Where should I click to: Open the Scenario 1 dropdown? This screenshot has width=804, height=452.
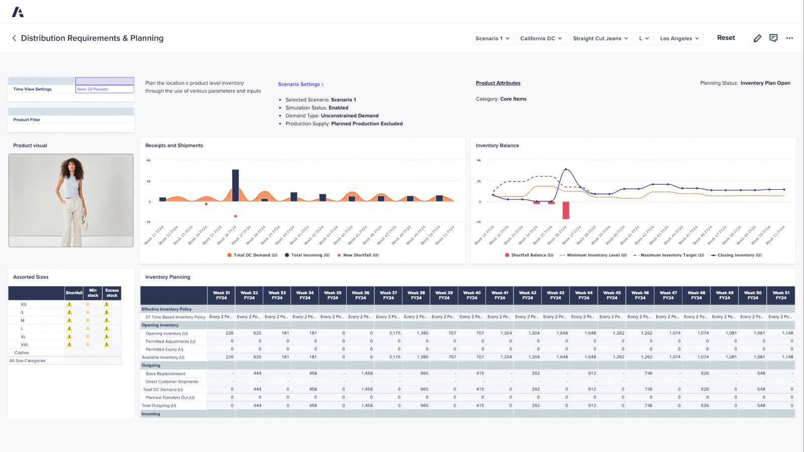click(x=492, y=39)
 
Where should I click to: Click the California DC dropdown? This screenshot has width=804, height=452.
click(x=541, y=39)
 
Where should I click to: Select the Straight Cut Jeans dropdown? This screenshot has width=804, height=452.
click(x=600, y=39)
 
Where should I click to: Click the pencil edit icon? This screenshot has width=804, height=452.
click(x=757, y=38)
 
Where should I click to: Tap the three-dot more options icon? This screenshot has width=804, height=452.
click(x=789, y=38)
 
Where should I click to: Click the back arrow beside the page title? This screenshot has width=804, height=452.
click(x=14, y=38)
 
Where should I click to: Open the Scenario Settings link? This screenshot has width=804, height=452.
click(x=300, y=84)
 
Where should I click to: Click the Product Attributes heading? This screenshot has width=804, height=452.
click(x=498, y=83)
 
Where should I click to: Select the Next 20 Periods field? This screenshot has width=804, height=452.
click(x=105, y=89)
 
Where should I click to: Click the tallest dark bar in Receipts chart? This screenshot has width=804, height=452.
click(x=235, y=185)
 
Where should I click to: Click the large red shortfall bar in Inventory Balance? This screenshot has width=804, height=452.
click(x=566, y=210)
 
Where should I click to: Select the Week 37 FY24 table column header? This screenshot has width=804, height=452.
click(x=388, y=295)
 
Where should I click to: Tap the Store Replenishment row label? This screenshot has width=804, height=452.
click(x=166, y=374)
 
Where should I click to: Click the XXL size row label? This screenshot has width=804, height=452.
click(x=25, y=345)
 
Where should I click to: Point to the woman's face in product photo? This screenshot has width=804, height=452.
click(x=72, y=169)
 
